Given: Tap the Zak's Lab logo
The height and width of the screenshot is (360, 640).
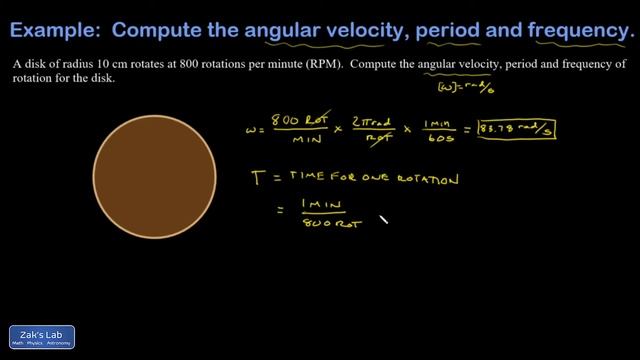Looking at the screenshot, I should pyautogui.click(x=42, y=338).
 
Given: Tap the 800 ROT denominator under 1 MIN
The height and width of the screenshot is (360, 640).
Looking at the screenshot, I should pyautogui.click(x=322, y=223).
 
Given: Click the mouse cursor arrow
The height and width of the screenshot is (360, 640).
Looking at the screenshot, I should pyautogui.click(x=383, y=220).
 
